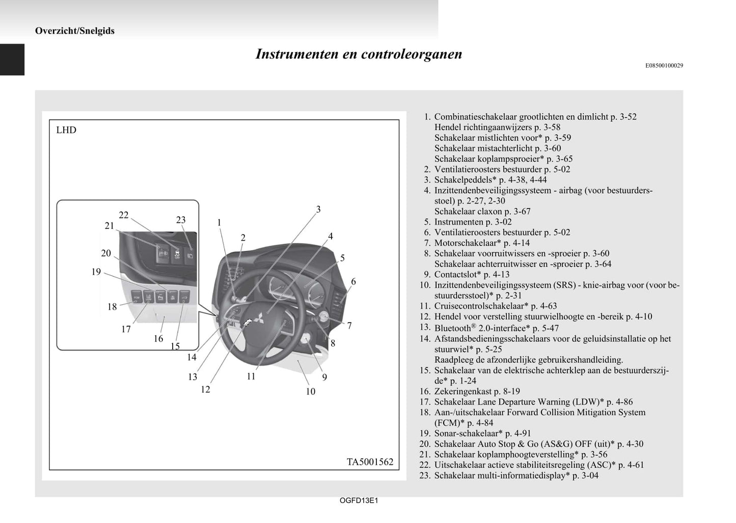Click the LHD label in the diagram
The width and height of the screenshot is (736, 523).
pyautogui.click(x=66, y=130)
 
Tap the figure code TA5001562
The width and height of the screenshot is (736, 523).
pyautogui.click(x=370, y=462)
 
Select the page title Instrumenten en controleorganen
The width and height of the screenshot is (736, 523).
pyautogui.click(x=359, y=54)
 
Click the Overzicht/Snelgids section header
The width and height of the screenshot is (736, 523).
pyautogui.click(x=75, y=31)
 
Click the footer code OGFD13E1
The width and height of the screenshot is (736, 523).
pyautogui.click(x=359, y=501)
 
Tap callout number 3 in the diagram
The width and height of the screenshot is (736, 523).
pyautogui.click(x=318, y=210)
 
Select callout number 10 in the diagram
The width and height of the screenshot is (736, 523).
pyautogui.click(x=310, y=391)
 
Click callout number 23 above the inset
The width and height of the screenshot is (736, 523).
pyautogui.click(x=181, y=220)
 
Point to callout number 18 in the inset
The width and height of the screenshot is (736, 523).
pyautogui.click(x=112, y=307)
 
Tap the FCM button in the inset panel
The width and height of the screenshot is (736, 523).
pyautogui.click(x=137, y=296)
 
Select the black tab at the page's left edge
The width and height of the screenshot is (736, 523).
pyautogui.click(x=12, y=60)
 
